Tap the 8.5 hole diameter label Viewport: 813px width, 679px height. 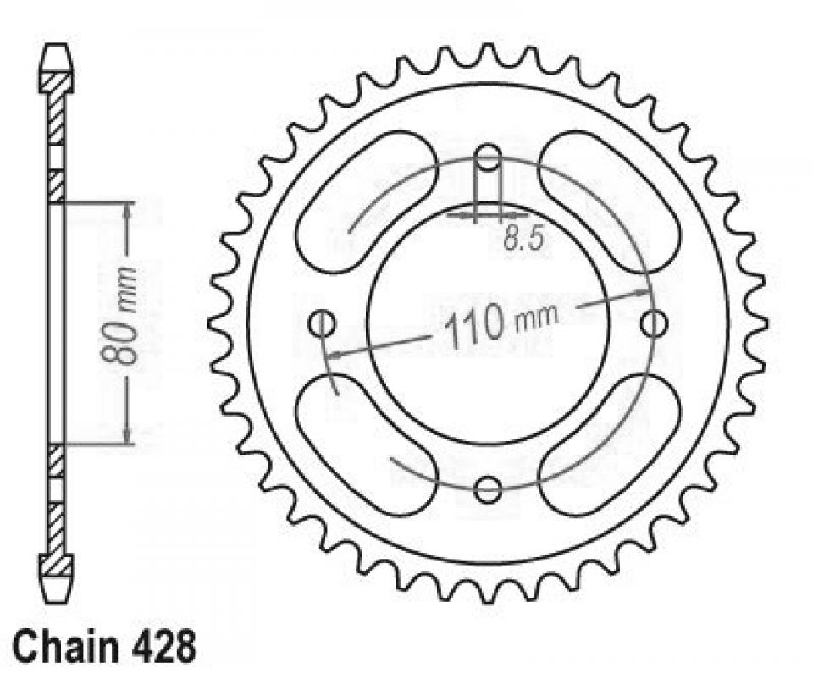(523, 240)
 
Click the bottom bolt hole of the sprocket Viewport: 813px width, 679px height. (488, 489)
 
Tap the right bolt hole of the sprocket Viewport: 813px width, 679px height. (653, 323)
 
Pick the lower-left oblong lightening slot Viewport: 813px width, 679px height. (367, 442)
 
